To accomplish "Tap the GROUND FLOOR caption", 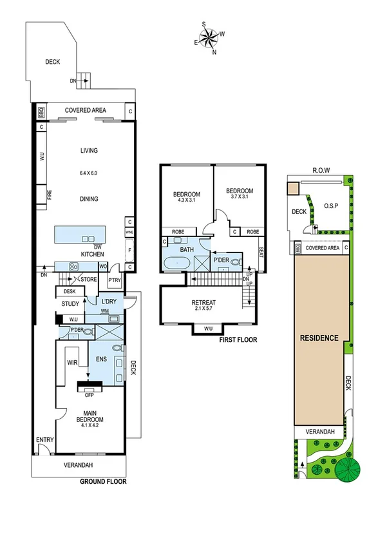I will [x=102, y=481].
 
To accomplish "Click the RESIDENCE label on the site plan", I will [x=319, y=337].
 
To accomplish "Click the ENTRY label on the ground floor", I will [x=44, y=439].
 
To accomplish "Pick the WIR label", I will [x=72, y=363].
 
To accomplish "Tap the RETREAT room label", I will [x=203, y=303].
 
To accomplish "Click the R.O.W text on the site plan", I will [x=321, y=171].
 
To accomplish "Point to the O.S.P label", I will [x=331, y=207].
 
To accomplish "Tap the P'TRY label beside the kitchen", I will [x=115, y=280].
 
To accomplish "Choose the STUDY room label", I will [x=70, y=304].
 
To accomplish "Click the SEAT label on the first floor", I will [x=261, y=252].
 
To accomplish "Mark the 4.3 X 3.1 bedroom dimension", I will [x=186, y=200].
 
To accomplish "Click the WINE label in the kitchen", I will [x=129, y=232].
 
